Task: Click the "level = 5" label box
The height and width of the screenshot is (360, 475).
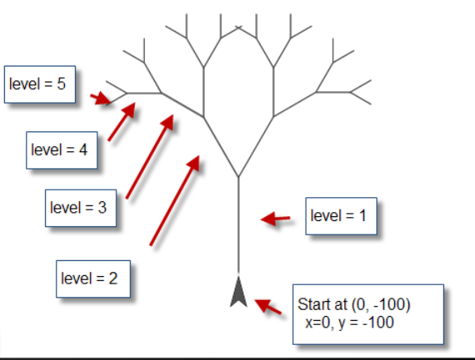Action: [x=40, y=84]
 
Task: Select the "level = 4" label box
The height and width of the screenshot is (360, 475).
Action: [x=62, y=150]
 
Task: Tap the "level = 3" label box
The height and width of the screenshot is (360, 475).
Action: [x=81, y=208]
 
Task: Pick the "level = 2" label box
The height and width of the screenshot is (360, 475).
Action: [x=93, y=279]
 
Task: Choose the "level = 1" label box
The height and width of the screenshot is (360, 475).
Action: [x=341, y=216]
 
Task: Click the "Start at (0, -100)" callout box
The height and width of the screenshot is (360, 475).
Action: [x=369, y=314]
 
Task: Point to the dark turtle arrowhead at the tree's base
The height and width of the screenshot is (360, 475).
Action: [x=239, y=291]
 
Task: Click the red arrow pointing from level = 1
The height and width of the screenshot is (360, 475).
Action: [x=275, y=219]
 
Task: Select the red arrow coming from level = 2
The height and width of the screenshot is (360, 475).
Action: [x=175, y=200]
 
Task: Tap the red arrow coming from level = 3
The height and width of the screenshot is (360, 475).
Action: [x=150, y=156]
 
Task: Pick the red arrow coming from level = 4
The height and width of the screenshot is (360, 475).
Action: [x=121, y=121]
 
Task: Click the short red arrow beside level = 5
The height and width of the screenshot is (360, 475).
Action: [x=101, y=99]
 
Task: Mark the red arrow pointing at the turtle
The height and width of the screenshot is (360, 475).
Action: [x=268, y=306]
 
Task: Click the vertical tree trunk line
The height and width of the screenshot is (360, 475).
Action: [x=239, y=224]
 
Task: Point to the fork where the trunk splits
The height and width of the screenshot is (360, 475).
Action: [x=239, y=176]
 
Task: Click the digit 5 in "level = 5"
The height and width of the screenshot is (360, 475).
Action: [x=61, y=84]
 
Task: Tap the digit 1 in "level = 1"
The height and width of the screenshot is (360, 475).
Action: [x=363, y=216]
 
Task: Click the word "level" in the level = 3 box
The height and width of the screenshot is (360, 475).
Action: [x=65, y=208]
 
